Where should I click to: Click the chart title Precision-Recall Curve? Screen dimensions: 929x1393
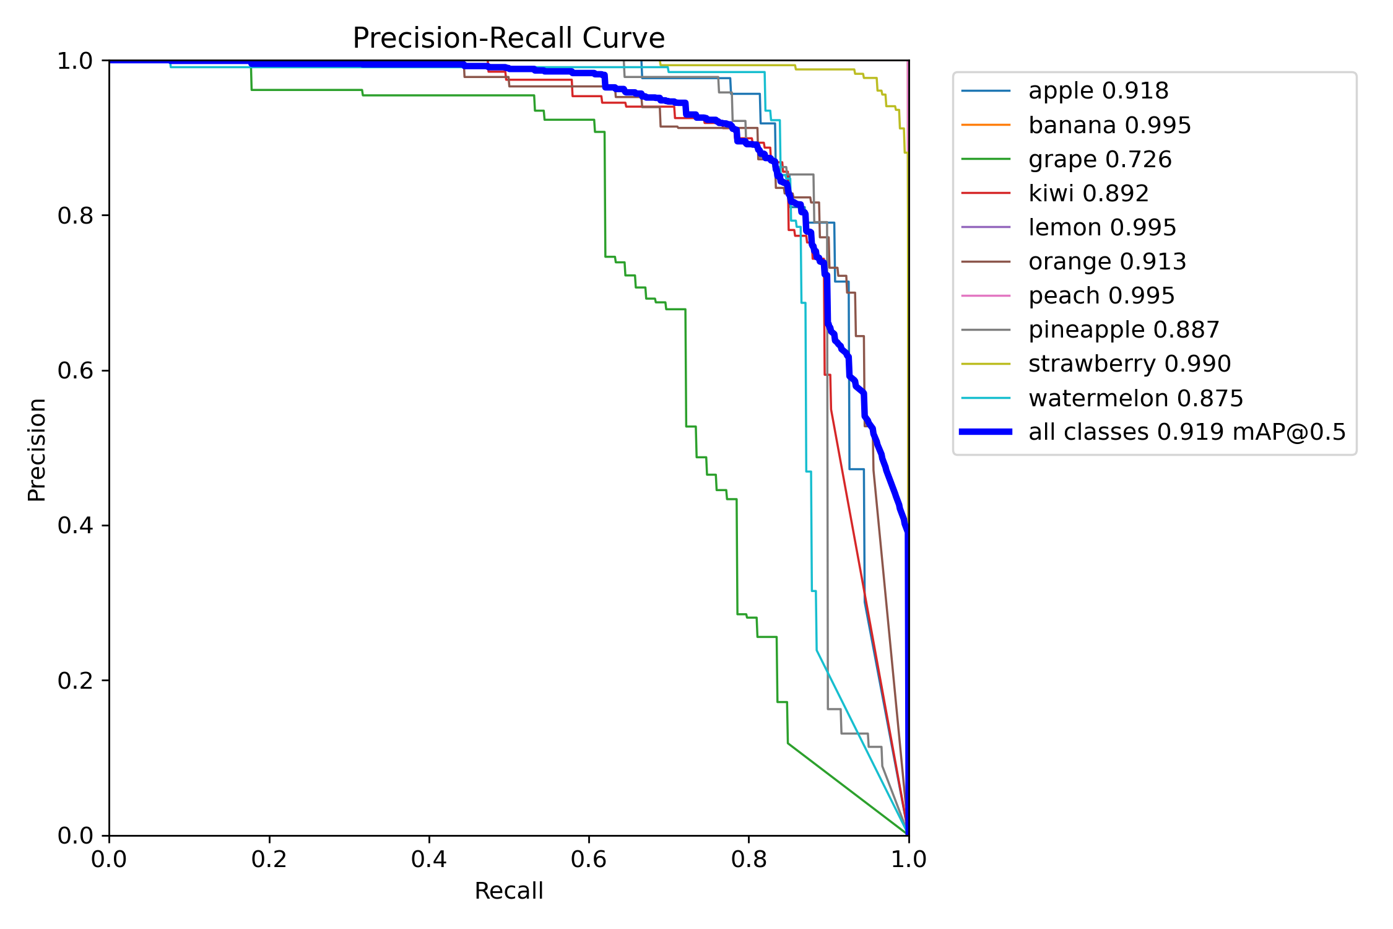coord(508,38)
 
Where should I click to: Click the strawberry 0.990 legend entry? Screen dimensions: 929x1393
coord(1129,364)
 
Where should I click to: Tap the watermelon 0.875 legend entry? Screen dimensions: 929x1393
coord(1135,398)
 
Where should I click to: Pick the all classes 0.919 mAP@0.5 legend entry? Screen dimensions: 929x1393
coord(1186,432)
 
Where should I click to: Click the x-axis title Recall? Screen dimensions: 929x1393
coord(508,891)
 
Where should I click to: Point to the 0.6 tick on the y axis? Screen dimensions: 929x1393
coord(74,370)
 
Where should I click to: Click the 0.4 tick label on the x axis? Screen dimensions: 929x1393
coord(428,859)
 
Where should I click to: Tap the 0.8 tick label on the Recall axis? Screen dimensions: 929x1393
coord(749,859)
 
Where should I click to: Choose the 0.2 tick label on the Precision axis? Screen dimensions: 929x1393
coord(74,681)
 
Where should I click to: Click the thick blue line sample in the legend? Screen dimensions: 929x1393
coord(986,432)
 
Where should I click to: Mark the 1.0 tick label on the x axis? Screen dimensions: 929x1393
coord(908,859)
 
